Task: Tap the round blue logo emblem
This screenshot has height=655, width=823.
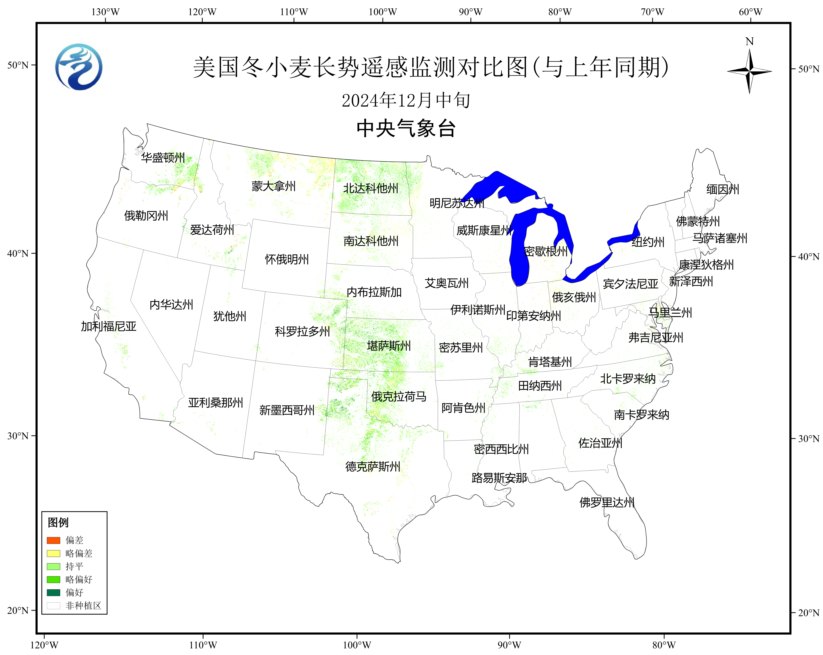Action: (79, 67)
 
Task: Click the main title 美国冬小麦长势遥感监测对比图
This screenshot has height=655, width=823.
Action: (431, 67)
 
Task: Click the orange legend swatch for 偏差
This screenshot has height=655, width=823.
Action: (54, 540)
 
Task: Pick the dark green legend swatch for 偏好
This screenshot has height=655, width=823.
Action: (54, 592)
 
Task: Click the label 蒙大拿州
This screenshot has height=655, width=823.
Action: (273, 187)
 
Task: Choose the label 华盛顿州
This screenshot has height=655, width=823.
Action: (163, 158)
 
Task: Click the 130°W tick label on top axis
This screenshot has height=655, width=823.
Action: (105, 12)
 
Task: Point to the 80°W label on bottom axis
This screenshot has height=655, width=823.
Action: (664, 645)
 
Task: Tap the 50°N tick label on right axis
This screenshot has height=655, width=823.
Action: (808, 69)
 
